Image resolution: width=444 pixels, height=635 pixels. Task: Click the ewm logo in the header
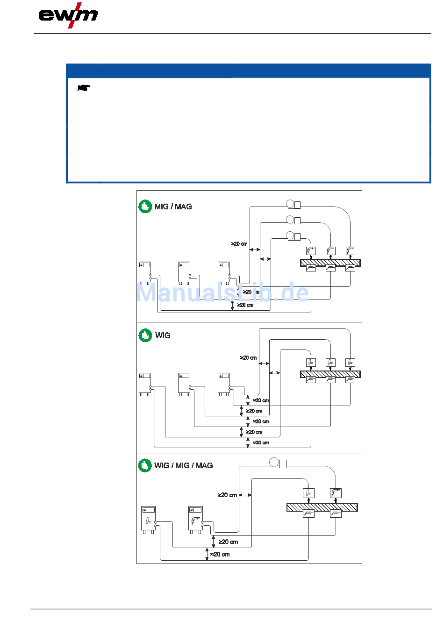pyautogui.click(x=68, y=15)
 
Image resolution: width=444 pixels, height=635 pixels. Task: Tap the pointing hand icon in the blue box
pyautogui.click(x=84, y=87)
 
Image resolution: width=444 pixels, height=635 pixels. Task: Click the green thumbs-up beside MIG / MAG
pyautogui.click(x=145, y=207)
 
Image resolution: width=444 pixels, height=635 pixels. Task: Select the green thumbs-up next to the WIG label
pyautogui.click(x=145, y=335)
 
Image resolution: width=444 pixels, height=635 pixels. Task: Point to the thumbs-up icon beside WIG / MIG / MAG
pyautogui.click(x=145, y=465)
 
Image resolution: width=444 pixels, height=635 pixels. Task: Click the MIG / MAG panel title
pyautogui.click(x=173, y=207)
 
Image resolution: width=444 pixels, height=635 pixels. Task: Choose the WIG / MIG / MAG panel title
pyautogui.click(x=184, y=465)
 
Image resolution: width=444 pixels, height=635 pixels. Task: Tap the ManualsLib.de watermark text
pyautogui.click(x=222, y=293)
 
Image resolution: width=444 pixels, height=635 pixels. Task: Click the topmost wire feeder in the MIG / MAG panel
pyautogui.click(x=294, y=204)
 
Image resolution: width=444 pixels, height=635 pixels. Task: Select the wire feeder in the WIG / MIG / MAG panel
pyautogui.click(x=279, y=463)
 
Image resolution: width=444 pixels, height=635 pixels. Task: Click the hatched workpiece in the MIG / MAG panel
pyautogui.click(x=330, y=263)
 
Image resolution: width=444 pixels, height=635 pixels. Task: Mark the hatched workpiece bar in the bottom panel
pyautogui.click(x=322, y=507)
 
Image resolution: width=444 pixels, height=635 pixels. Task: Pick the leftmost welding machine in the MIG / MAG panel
pyautogui.click(x=145, y=273)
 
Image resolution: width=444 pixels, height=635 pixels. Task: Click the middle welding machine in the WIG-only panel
pyautogui.click(x=184, y=384)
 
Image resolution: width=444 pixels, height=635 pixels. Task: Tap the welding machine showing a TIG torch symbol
pyautogui.click(x=149, y=519)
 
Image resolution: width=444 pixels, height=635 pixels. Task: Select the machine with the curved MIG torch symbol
pyautogui.click(x=196, y=519)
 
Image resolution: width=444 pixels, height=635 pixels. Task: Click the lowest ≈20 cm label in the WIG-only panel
pyautogui.click(x=261, y=442)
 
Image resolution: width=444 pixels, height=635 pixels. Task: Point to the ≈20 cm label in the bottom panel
pyautogui.click(x=220, y=554)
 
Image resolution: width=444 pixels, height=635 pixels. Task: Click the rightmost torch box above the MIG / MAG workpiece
pyautogui.click(x=351, y=251)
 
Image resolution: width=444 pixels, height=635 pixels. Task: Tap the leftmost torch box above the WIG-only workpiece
pyautogui.click(x=311, y=362)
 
